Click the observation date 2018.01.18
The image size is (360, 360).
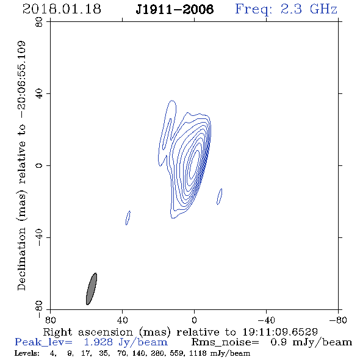62,9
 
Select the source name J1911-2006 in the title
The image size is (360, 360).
175,9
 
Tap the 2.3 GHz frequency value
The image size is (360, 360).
309,9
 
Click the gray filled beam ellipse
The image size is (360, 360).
92,289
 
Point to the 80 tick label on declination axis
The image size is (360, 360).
39,22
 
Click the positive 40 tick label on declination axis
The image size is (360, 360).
39,94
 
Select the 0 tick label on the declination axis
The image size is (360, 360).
39,165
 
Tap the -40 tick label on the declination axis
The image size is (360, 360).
39,237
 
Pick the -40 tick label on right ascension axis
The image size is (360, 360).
266,320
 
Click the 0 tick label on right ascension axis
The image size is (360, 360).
194,320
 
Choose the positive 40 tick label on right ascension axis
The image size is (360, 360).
122,320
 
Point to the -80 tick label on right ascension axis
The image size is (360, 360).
338,320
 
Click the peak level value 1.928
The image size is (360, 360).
98,342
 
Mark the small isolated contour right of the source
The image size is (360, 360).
220,196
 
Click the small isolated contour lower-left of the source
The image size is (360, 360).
128,218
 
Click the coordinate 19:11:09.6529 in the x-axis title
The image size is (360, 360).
280,332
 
